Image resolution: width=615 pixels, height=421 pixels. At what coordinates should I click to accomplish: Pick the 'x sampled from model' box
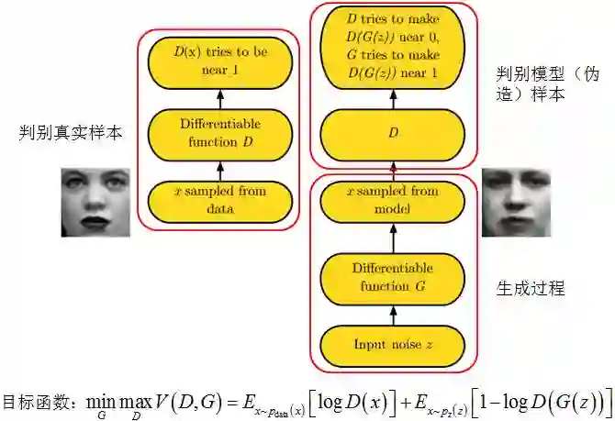pos(394,199)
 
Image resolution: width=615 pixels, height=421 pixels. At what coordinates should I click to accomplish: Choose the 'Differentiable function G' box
pos(394,278)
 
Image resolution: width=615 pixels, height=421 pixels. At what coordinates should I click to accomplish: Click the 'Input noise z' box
pos(394,345)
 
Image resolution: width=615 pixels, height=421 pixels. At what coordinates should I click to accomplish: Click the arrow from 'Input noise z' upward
pos(394,315)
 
